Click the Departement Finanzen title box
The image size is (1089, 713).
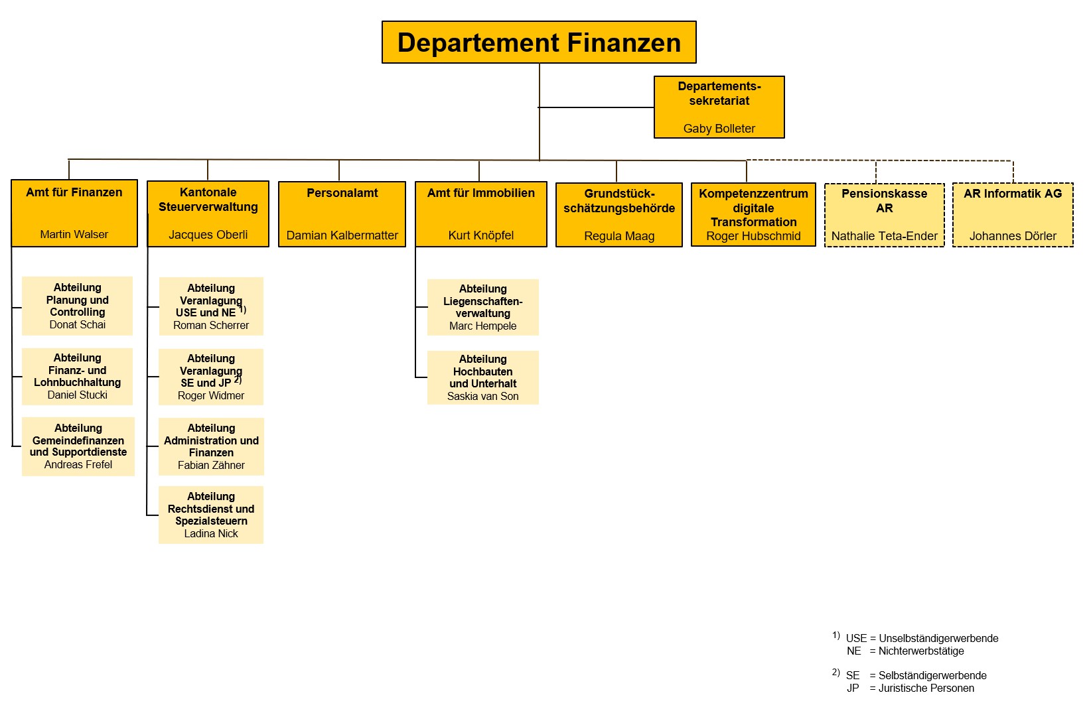coord(539,42)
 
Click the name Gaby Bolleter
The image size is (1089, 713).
coord(719,129)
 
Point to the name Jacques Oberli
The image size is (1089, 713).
coord(208,235)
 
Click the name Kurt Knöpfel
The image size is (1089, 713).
coord(480,235)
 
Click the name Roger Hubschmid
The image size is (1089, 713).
coord(753,236)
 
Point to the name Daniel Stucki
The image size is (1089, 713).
coord(78,395)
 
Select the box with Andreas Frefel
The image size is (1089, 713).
coord(78,446)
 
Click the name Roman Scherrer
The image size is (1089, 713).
coord(211,326)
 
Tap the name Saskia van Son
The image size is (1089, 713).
coord(482,397)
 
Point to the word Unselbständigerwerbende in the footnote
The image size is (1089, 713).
coord(938,639)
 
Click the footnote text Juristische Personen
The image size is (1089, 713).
coord(926,688)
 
